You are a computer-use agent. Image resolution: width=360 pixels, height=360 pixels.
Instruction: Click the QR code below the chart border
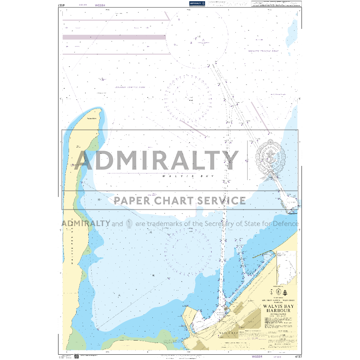tap(76, 356)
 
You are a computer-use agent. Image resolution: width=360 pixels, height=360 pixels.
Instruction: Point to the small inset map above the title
tap(286, 268)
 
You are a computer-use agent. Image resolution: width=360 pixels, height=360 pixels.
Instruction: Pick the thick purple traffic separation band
tap(114, 37)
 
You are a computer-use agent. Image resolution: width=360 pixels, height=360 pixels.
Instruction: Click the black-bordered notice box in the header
tap(276, 4)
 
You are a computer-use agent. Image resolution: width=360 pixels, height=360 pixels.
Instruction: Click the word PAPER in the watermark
tap(129, 200)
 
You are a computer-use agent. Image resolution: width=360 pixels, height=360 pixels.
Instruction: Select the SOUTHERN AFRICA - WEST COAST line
tap(278, 300)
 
